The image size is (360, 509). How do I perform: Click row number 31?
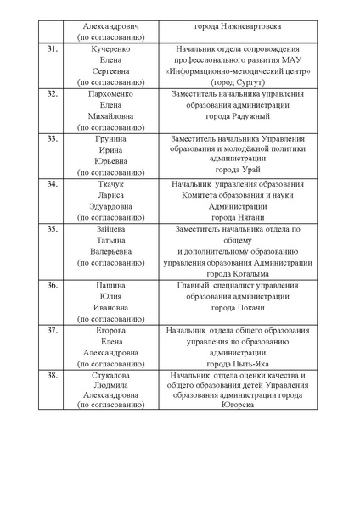52,49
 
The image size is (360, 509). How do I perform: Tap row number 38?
52,374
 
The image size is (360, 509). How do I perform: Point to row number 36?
52,285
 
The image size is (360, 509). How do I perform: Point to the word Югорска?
245,406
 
